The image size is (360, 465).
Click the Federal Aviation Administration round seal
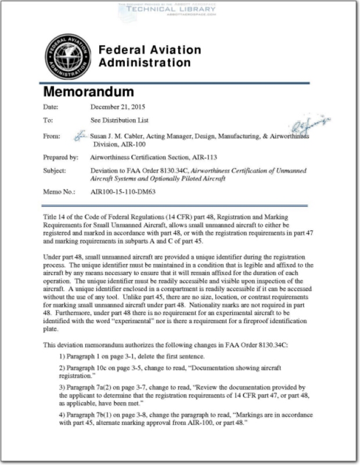pos(68,57)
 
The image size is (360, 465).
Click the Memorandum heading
pos(88,92)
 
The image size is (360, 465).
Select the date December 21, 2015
pos(118,106)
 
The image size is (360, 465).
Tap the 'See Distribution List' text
pos(120,120)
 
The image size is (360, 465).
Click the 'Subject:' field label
pos(57,171)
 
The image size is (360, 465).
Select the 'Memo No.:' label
pos(58,191)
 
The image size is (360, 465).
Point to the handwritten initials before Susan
pos(80,135)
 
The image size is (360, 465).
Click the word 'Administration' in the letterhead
pos(145,63)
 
